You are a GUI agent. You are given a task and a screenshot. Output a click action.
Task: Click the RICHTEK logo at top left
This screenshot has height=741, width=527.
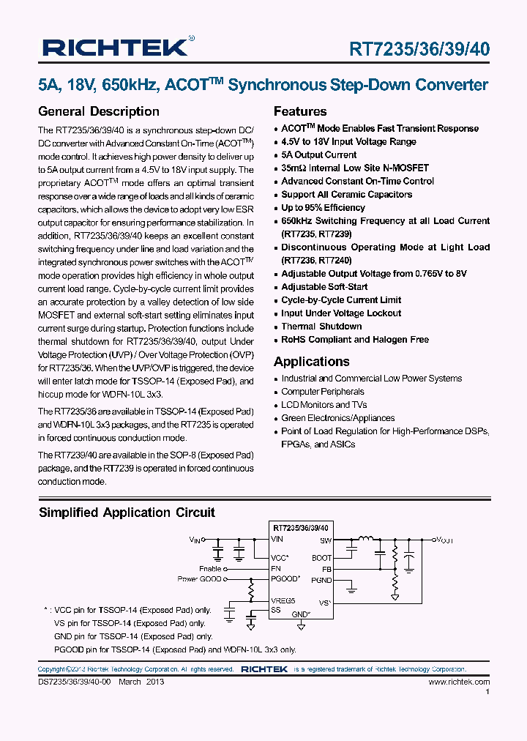(x=116, y=48)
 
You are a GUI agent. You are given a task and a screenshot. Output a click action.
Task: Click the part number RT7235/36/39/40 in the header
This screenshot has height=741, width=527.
(x=420, y=49)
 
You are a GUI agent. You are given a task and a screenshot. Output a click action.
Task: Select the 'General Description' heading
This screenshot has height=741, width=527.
(x=99, y=111)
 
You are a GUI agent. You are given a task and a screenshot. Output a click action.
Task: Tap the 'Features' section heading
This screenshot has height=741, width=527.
(x=300, y=111)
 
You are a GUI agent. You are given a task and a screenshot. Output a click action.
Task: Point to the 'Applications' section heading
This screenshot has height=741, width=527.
(x=312, y=362)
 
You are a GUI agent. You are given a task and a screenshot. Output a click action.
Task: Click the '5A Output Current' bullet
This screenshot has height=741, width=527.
(x=319, y=155)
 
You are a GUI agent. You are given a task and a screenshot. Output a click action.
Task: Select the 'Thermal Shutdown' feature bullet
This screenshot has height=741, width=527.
(x=321, y=327)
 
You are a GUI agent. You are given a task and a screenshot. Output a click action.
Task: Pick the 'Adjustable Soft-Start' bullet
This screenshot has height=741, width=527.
(x=324, y=287)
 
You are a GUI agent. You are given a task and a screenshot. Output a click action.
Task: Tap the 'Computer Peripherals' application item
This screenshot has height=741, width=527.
(x=323, y=392)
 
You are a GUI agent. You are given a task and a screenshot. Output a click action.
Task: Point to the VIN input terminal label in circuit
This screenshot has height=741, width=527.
(x=195, y=540)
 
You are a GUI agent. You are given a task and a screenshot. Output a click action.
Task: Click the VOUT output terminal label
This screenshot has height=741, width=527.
(x=445, y=540)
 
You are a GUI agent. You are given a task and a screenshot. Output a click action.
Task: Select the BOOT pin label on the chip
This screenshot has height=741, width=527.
(x=321, y=558)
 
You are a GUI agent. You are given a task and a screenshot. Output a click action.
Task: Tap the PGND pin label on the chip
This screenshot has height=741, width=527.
(x=321, y=580)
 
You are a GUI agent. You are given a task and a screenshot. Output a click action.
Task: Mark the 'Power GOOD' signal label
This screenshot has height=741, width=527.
(x=198, y=578)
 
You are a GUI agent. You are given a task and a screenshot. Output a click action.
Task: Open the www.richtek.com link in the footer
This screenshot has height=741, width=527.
(x=459, y=682)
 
